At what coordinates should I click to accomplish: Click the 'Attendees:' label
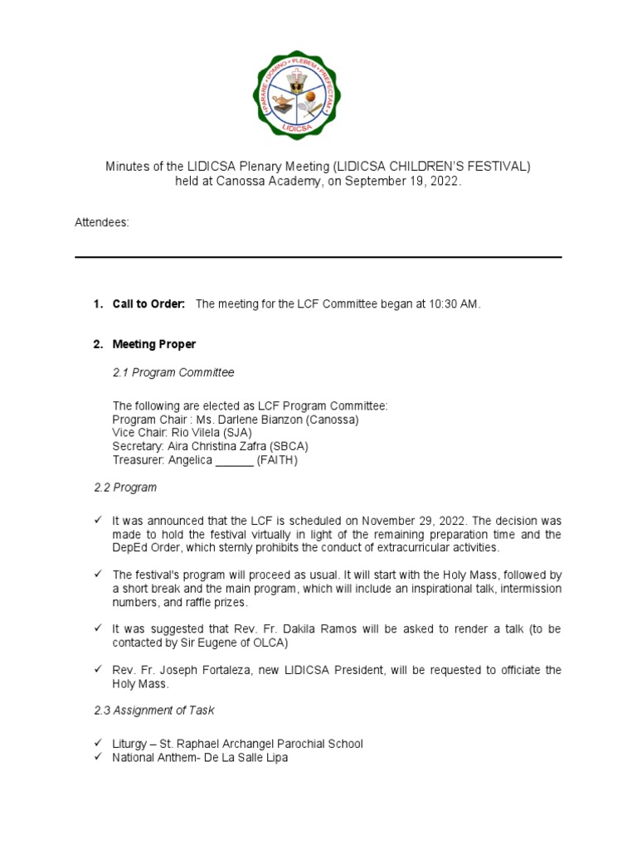[x=102, y=223]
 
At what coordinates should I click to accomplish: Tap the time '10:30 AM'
[x=455, y=304]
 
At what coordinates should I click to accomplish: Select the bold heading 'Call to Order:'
[x=149, y=304]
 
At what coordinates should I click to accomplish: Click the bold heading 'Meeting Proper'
[x=154, y=344]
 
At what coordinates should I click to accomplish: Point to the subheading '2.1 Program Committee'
[x=173, y=373]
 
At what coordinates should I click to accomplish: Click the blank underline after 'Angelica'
[x=235, y=459]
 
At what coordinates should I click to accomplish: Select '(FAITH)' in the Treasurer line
[x=277, y=459]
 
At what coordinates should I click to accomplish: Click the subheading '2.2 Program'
[x=125, y=488]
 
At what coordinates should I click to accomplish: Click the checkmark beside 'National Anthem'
[x=99, y=757]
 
